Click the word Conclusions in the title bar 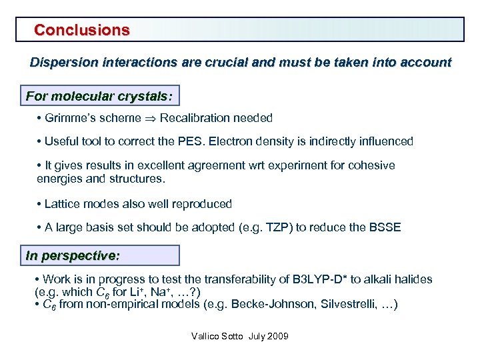click(82, 30)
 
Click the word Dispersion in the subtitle click(62, 63)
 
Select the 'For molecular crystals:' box click(99, 97)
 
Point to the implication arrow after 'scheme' click(151, 119)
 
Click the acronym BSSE click(384, 227)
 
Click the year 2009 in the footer click(277, 336)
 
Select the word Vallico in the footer click(205, 336)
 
